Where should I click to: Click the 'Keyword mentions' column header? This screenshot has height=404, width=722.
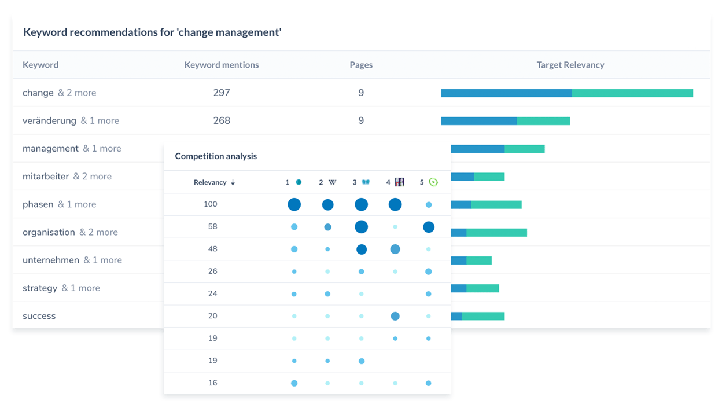(x=222, y=65)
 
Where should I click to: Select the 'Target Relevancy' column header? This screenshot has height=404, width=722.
(x=570, y=65)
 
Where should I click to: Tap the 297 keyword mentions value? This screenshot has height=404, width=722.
(x=222, y=93)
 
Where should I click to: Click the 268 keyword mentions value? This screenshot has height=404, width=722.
(x=222, y=120)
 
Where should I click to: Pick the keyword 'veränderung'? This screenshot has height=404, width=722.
(x=49, y=120)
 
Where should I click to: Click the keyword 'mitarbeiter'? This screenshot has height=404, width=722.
(x=46, y=177)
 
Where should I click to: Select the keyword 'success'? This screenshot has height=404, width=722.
(x=39, y=316)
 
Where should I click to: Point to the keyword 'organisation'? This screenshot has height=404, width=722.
(x=49, y=232)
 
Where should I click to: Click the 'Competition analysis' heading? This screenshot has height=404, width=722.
(x=216, y=156)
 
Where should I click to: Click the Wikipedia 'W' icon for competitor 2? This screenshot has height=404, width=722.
(x=332, y=182)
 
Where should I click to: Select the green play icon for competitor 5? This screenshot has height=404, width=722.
(x=433, y=182)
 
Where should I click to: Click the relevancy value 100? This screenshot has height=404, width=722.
(x=210, y=204)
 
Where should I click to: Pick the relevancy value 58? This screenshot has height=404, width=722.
(x=212, y=226)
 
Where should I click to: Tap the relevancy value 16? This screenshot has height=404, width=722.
(x=212, y=383)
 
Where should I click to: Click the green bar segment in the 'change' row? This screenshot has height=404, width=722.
(x=632, y=93)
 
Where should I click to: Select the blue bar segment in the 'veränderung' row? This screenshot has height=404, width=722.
(x=478, y=121)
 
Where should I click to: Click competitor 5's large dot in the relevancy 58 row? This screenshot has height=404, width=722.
(x=429, y=227)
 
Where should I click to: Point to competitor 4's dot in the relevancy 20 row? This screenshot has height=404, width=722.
(x=395, y=316)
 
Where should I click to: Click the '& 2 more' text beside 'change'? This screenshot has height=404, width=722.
(x=77, y=93)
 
